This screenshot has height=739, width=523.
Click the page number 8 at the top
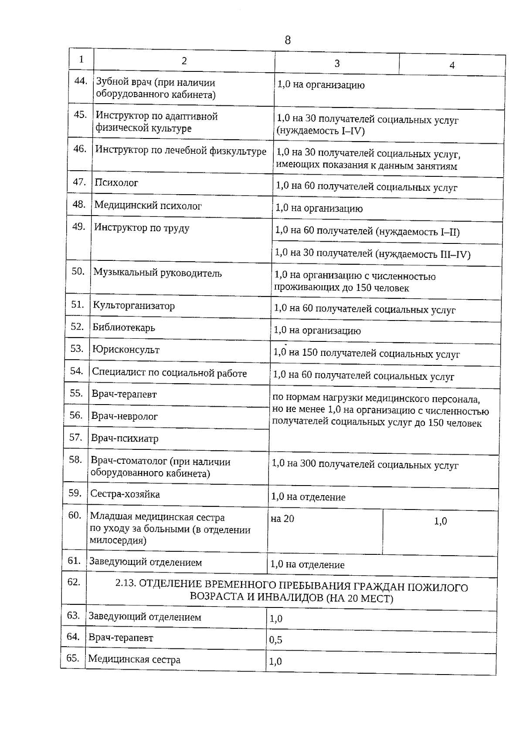click(287, 40)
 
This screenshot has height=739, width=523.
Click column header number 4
click(452, 65)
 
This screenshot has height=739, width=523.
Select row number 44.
click(81, 81)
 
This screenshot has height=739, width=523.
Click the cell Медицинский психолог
click(148, 206)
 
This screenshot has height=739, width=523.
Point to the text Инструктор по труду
click(142, 228)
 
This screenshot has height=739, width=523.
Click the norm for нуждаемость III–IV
click(373, 254)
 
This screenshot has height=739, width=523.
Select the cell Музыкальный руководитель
click(157, 273)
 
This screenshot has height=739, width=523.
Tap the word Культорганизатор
click(134, 306)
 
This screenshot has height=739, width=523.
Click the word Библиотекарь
click(124, 327)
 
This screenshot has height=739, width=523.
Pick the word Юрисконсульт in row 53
click(126, 350)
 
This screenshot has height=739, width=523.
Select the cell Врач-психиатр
click(125, 439)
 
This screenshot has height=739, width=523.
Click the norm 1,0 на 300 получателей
click(365, 465)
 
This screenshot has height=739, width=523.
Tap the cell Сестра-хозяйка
click(125, 494)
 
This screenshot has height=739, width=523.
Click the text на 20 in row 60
click(282, 519)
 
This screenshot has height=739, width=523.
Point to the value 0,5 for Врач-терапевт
click(275, 640)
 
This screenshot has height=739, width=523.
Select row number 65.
click(72, 658)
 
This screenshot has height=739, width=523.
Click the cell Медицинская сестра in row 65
click(134, 659)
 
